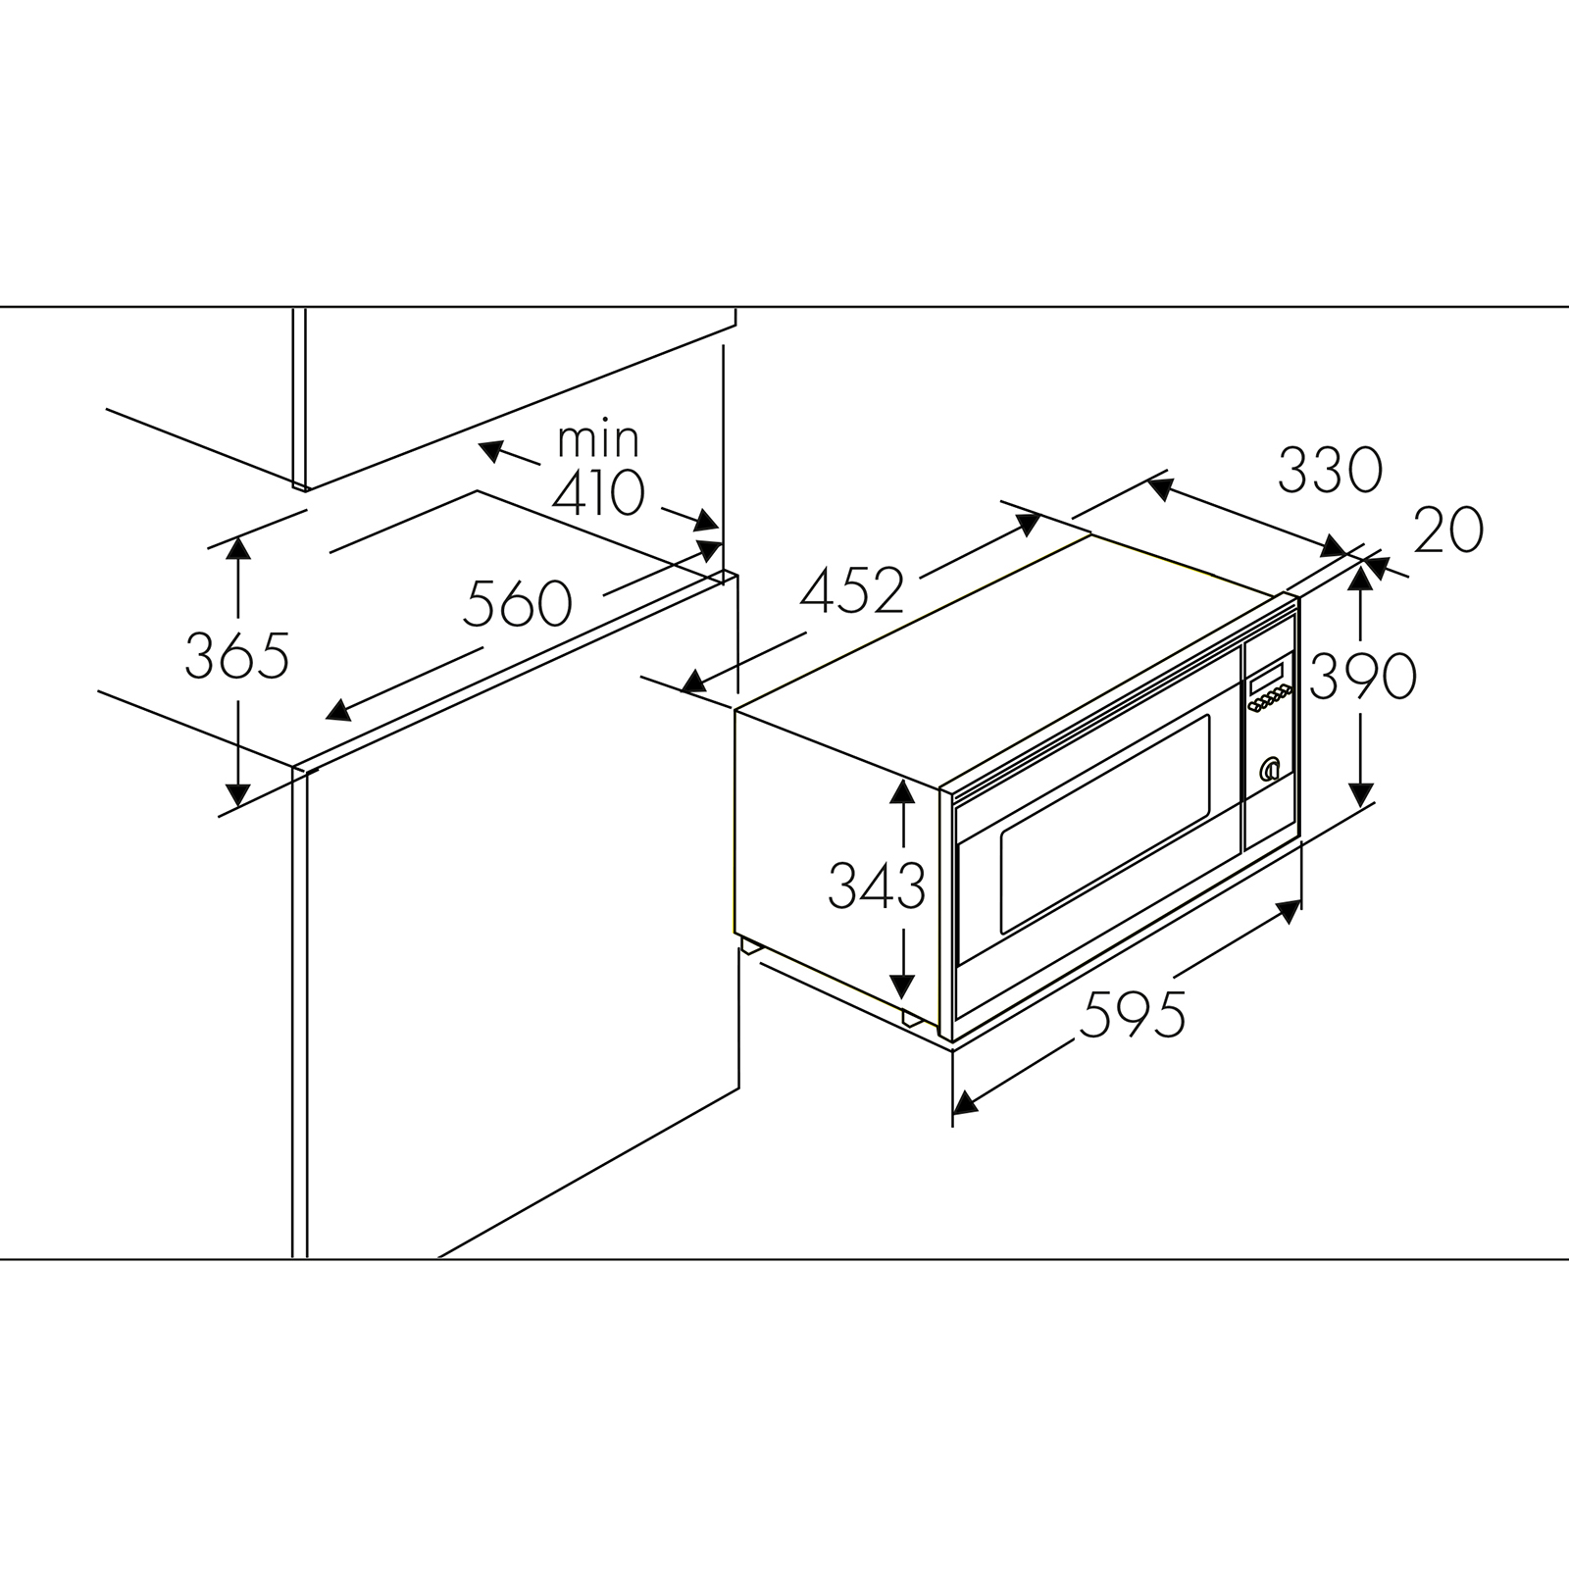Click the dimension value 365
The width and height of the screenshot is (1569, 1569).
[237, 656]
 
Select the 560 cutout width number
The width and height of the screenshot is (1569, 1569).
[518, 603]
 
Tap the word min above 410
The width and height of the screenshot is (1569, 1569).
[598, 439]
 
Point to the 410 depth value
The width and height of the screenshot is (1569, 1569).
[598, 493]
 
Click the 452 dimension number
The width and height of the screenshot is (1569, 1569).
[852, 591]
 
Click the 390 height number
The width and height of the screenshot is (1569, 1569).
[1363, 675]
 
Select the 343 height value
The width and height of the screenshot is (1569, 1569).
[877, 886]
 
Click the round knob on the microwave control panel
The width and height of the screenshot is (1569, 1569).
[1271, 769]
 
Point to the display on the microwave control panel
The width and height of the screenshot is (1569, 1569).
[1266, 678]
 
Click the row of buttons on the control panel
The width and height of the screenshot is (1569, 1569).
[1269, 699]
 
